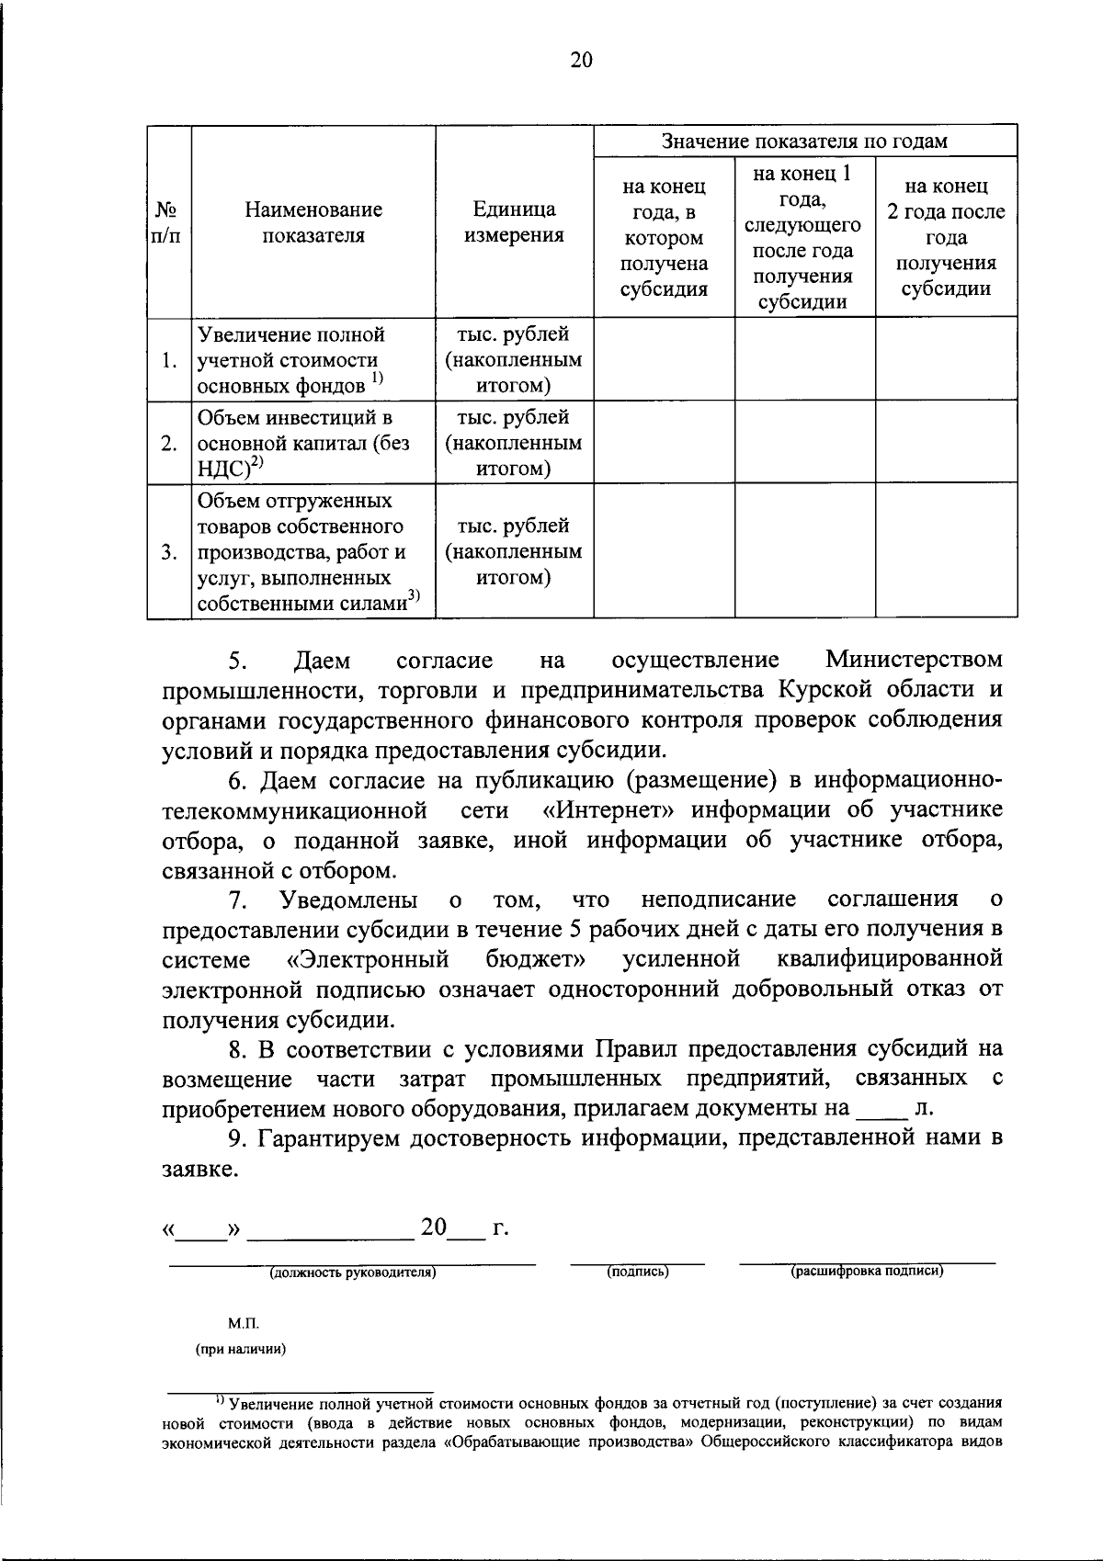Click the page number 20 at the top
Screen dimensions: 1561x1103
pyautogui.click(x=582, y=60)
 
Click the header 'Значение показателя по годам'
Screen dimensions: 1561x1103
pyautogui.click(x=804, y=141)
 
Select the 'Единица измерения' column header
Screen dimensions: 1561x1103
pyautogui.click(x=514, y=222)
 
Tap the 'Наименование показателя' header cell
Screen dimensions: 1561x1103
pyautogui.click(x=313, y=222)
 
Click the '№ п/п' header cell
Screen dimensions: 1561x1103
pyautogui.click(x=167, y=222)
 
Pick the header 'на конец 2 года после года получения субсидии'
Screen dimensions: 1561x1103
pyautogui.click(x=946, y=238)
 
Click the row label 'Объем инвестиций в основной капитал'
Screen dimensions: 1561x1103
pyautogui.click(x=303, y=443)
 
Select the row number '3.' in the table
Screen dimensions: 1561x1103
pyautogui.click(x=169, y=552)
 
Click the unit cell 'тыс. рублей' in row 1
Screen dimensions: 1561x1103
pyautogui.click(x=514, y=334)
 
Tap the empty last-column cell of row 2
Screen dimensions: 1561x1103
pyautogui.click(x=946, y=443)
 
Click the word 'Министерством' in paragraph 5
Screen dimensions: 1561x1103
pyautogui.click(x=913, y=661)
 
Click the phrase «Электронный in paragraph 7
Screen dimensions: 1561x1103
pyautogui.click(x=368, y=959)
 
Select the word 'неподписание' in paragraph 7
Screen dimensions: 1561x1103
pyautogui.click(x=719, y=899)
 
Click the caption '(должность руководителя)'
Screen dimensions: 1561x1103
pyautogui.click(x=352, y=1273)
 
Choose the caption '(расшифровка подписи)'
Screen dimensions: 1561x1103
pyautogui.click(x=868, y=1272)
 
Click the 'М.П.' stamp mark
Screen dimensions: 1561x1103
pyautogui.click(x=244, y=1324)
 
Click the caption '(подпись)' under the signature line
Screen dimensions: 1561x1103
pyautogui.click(x=637, y=1272)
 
